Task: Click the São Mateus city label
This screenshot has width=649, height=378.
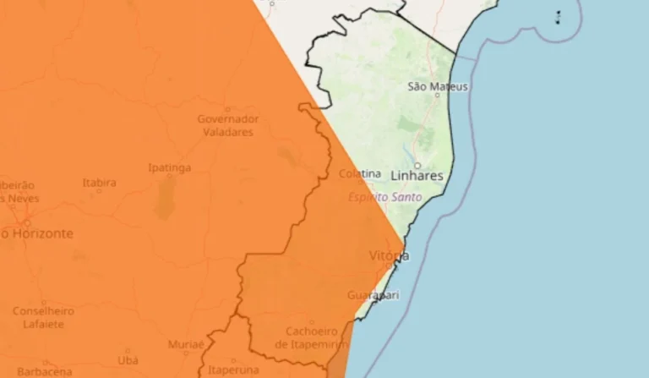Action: [x=437, y=86]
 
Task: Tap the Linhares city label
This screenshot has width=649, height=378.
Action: [x=417, y=176]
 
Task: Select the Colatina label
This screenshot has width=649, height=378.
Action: [x=360, y=173]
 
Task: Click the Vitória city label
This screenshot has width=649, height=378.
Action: [x=389, y=255]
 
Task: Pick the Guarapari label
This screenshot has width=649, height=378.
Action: [x=373, y=295]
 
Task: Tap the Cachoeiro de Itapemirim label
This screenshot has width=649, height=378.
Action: [x=312, y=337]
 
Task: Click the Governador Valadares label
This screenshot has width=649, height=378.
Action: [x=228, y=126]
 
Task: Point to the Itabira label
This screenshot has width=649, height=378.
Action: [x=100, y=182]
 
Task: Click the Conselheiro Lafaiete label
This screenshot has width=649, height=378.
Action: [x=43, y=317]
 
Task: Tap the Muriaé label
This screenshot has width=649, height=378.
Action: [x=186, y=344]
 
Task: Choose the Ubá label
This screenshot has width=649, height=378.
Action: [x=128, y=360]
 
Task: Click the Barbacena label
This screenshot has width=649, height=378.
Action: [x=44, y=371]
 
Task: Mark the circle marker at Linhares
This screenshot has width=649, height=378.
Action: [x=417, y=165]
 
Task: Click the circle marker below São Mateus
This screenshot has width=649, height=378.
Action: [x=437, y=96]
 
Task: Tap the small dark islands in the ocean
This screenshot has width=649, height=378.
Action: [x=559, y=17]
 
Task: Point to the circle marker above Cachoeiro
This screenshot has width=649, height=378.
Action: [x=311, y=322]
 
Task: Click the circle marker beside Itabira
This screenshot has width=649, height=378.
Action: [x=99, y=191]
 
